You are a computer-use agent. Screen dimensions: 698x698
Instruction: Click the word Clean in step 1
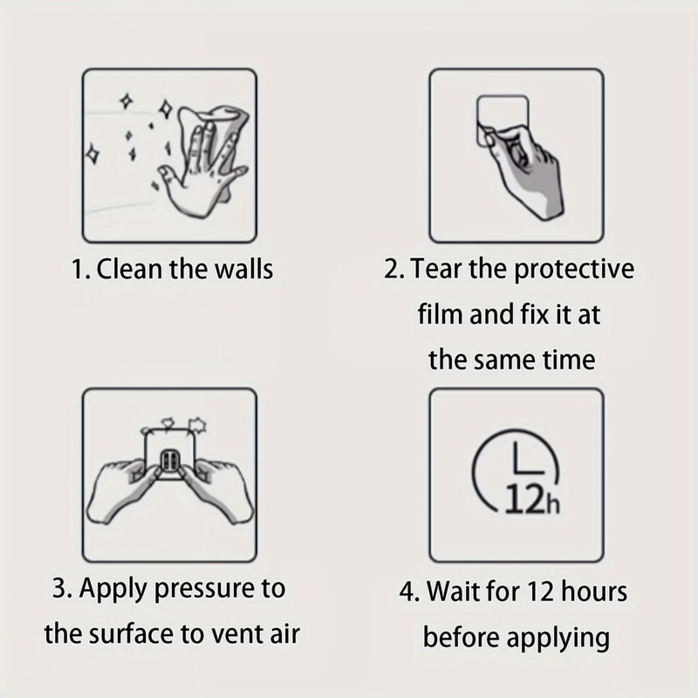pos(128,270)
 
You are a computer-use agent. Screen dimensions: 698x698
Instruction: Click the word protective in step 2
pos(574,270)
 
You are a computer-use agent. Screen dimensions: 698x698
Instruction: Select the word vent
pos(236,635)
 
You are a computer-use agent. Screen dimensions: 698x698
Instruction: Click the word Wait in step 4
pos(453,592)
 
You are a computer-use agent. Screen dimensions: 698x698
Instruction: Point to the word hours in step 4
pos(594,592)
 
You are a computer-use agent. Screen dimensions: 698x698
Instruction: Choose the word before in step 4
pos(462,638)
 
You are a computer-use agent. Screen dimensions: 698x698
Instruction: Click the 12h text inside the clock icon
pos(532,499)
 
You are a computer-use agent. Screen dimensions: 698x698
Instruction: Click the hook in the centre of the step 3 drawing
pos(169,463)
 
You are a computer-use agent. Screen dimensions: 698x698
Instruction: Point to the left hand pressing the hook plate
pos(123,489)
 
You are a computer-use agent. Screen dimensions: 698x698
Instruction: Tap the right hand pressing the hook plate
pos(216,489)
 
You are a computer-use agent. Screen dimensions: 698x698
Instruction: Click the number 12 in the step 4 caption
pos(541,592)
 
